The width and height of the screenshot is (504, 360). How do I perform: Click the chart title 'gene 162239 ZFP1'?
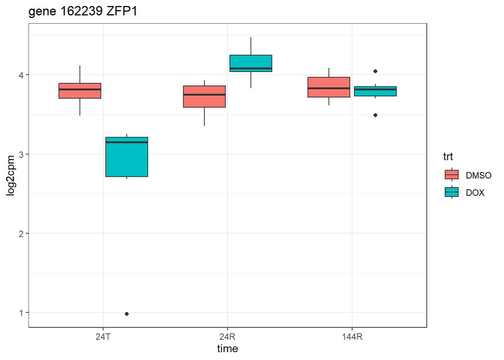pos(83,11)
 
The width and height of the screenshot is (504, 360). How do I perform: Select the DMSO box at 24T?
pos(80,91)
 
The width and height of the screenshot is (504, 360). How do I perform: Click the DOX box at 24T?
pos(127,157)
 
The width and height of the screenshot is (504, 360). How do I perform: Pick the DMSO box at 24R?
pos(204,97)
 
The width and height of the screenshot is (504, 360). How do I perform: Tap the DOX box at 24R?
pos(251,63)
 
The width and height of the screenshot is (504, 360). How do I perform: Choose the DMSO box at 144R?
pos(329,87)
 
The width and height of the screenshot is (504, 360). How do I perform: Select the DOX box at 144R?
pos(375,91)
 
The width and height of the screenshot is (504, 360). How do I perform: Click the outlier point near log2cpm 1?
pos(127,314)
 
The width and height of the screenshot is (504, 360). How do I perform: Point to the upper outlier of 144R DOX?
pos(375,71)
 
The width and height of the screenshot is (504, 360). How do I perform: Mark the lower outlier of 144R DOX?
pos(375,115)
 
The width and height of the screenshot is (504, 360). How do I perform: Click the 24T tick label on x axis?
pos(103,337)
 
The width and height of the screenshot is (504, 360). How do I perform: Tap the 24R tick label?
pos(227,337)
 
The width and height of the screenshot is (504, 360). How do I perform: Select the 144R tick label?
pos(352,337)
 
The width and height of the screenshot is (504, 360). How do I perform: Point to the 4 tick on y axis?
pos(21,75)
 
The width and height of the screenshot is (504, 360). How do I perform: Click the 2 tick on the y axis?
pos(21,234)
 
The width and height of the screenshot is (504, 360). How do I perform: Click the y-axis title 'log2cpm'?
pos(11,175)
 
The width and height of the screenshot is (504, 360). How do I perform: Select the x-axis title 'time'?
pos(227,349)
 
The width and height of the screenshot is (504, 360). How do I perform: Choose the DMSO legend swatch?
pos(451,175)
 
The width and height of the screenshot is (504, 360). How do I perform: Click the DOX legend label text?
pos(475,193)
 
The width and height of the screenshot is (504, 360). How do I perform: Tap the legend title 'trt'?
pos(448,157)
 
